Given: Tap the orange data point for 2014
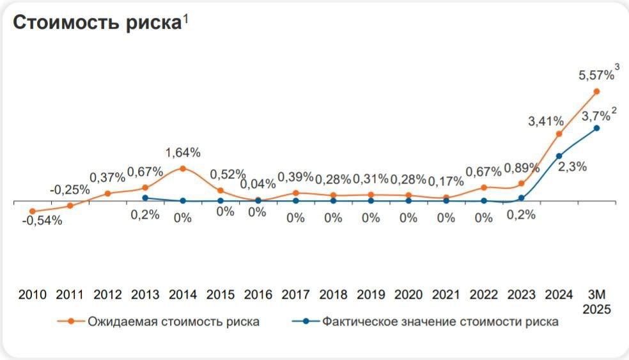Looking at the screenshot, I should point(183,169).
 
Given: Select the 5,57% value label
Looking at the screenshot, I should point(596,75).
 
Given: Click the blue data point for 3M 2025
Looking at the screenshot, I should point(596,128).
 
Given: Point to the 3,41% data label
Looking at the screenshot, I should point(545,121).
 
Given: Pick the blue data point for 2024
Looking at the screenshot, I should point(559,155).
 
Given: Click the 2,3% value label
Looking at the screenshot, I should point(573,167).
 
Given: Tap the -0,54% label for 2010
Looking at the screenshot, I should point(42,221).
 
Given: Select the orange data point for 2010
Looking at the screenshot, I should point(33,211).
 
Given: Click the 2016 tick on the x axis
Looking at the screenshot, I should point(258,295).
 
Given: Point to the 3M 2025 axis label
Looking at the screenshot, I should point(600,301).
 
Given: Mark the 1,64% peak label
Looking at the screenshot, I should point(183,153).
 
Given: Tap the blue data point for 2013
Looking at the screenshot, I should point(145,198).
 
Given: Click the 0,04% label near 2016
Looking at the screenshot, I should point(258,184).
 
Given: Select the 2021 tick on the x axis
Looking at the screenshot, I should point(446,295).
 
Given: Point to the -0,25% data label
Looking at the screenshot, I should point(70,190).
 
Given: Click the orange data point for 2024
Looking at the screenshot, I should point(559,134).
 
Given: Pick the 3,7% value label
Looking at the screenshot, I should point(595,116).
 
